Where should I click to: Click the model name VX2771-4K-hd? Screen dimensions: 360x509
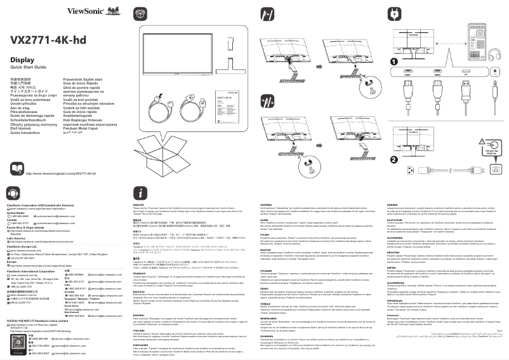click(x=48, y=40)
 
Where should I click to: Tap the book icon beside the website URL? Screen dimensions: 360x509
click(x=18, y=169)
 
